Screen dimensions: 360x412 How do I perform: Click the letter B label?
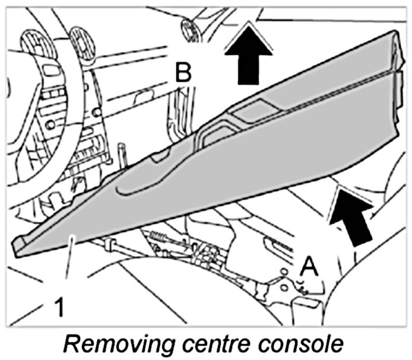[x=183, y=73]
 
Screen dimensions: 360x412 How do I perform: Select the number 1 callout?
[x=59, y=307]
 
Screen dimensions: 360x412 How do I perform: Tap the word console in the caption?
[x=300, y=344]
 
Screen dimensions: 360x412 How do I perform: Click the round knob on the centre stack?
[x=50, y=125]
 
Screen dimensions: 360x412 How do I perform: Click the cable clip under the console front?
[x=109, y=244]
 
